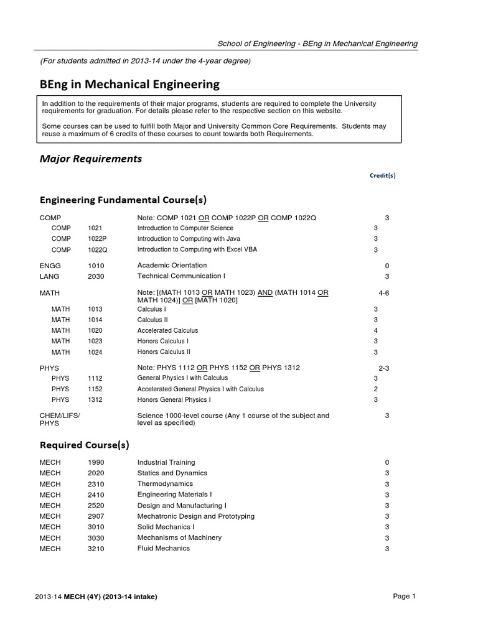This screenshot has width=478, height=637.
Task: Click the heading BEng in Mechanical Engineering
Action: pyautogui.click(x=129, y=83)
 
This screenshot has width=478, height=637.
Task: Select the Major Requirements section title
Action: pyautogui.click(x=91, y=159)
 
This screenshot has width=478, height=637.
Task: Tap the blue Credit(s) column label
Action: pyautogui.click(x=383, y=175)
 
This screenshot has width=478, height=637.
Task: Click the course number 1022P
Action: pyautogui.click(x=98, y=239)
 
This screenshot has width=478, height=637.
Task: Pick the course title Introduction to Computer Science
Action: pyautogui.click(x=185, y=228)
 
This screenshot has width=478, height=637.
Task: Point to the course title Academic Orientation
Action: pyautogui.click(x=169, y=265)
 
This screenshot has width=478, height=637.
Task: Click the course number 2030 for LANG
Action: pyautogui.click(x=96, y=276)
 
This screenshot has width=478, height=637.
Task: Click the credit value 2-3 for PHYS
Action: pyautogui.click(x=383, y=368)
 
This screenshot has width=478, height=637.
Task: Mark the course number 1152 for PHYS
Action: pyautogui.click(x=96, y=389)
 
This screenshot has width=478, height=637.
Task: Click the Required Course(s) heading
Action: pyautogui.click(x=85, y=445)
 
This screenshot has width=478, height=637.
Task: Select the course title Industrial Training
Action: pyautogui.click(x=166, y=462)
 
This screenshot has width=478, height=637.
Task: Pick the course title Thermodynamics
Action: pyautogui.click(x=165, y=484)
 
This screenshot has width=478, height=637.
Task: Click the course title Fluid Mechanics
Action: pyautogui.click(x=164, y=549)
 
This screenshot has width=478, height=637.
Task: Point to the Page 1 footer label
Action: pyautogui.click(x=404, y=596)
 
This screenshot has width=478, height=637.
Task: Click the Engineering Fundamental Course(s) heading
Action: pyautogui.click(x=123, y=200)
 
